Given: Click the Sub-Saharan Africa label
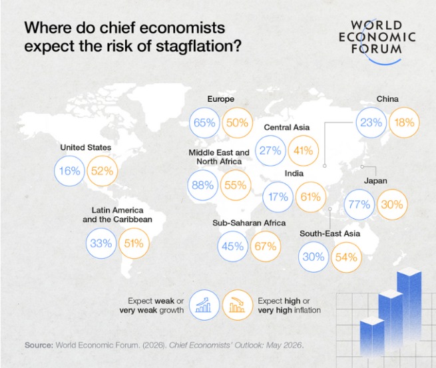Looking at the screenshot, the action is pos(249,223).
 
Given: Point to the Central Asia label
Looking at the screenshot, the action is pos(287,127).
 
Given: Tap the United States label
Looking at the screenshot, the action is pos(86,147).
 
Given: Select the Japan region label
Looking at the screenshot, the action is pos(375,181).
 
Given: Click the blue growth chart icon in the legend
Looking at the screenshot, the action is pos(204,305).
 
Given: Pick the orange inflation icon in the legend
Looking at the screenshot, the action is pos(237,305).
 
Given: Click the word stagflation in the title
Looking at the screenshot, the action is pos(198,46).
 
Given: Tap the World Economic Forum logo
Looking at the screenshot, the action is pos(377,41).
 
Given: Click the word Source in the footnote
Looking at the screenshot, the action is pos(39,345).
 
